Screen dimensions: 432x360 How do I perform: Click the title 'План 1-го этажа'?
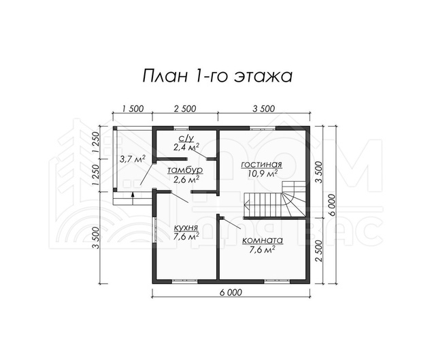tap(217, 76)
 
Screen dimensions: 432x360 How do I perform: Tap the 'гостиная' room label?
tap(261, 165)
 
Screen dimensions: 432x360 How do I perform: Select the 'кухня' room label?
tap(186, 228)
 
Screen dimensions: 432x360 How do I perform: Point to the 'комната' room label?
tap(263, 240)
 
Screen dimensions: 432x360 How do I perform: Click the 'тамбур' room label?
tap(185, 171)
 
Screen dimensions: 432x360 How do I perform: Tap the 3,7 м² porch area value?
tap(133, 159)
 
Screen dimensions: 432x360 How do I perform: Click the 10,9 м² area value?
tap(261, 174)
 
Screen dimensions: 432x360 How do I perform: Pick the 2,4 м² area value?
tap(186, 147)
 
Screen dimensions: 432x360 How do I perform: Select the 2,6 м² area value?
tap(186, 180)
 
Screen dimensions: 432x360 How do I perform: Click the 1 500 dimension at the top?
tap(133, 109)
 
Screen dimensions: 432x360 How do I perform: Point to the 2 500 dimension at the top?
tap(185, 109)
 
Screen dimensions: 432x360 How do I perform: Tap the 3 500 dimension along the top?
tap(264, 109)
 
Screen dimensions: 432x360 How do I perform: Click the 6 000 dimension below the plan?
tap(231, 293)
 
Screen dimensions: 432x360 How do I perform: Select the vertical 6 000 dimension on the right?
tap(332, 206)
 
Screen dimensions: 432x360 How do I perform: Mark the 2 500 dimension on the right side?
tap(318, 250)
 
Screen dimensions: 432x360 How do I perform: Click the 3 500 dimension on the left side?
tap(96, 238)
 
